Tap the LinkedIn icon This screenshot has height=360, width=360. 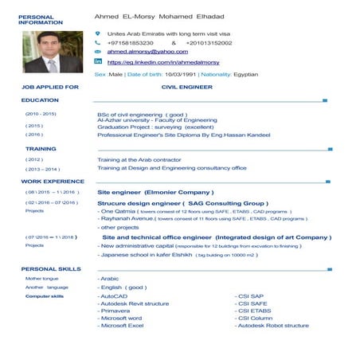[98, 61]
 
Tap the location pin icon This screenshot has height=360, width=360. [98, 33]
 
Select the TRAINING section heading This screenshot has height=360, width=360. [41, 148]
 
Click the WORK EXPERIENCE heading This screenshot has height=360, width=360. [53, 181]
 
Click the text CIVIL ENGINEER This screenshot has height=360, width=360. [186, 86]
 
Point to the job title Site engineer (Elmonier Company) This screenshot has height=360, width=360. [155, 192]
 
